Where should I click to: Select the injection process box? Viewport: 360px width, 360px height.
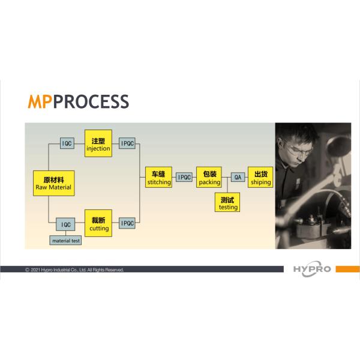[x=98, y=143]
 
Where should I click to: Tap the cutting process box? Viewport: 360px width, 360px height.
[x=98, y=224]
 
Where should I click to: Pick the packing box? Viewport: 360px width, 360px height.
[x=209, y=178]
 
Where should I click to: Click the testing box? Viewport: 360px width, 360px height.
[x=228, y=203]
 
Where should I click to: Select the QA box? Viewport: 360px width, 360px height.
[x=238, y=178]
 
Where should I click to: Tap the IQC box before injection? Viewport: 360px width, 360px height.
[x=67, y=143]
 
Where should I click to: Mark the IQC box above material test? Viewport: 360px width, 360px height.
[x=66, y=224]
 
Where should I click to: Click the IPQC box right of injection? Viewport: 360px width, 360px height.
[x=127, y=143]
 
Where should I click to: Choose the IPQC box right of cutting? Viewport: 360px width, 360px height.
[x=127, y=224]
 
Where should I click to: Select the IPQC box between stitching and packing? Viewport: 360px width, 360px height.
[x=184, y=178]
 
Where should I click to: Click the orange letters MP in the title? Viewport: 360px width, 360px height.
[x=40, y=101]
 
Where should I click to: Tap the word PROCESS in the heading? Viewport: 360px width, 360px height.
[x=91, y=101]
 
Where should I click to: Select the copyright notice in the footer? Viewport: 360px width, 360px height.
[x=75, y=271]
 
